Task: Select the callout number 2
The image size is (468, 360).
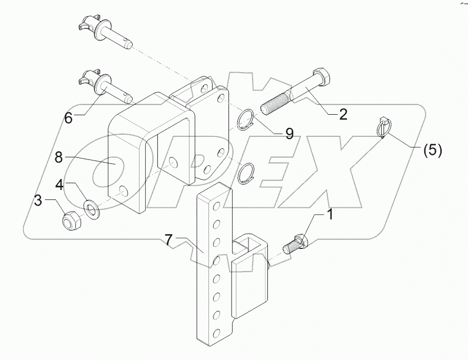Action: pyautogui.click(x=343, y=114)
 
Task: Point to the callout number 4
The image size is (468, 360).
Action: pyautogui.click(x=60, y=186)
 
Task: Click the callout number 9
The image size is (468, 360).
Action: pyautogui.click(x=288, y=134)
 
